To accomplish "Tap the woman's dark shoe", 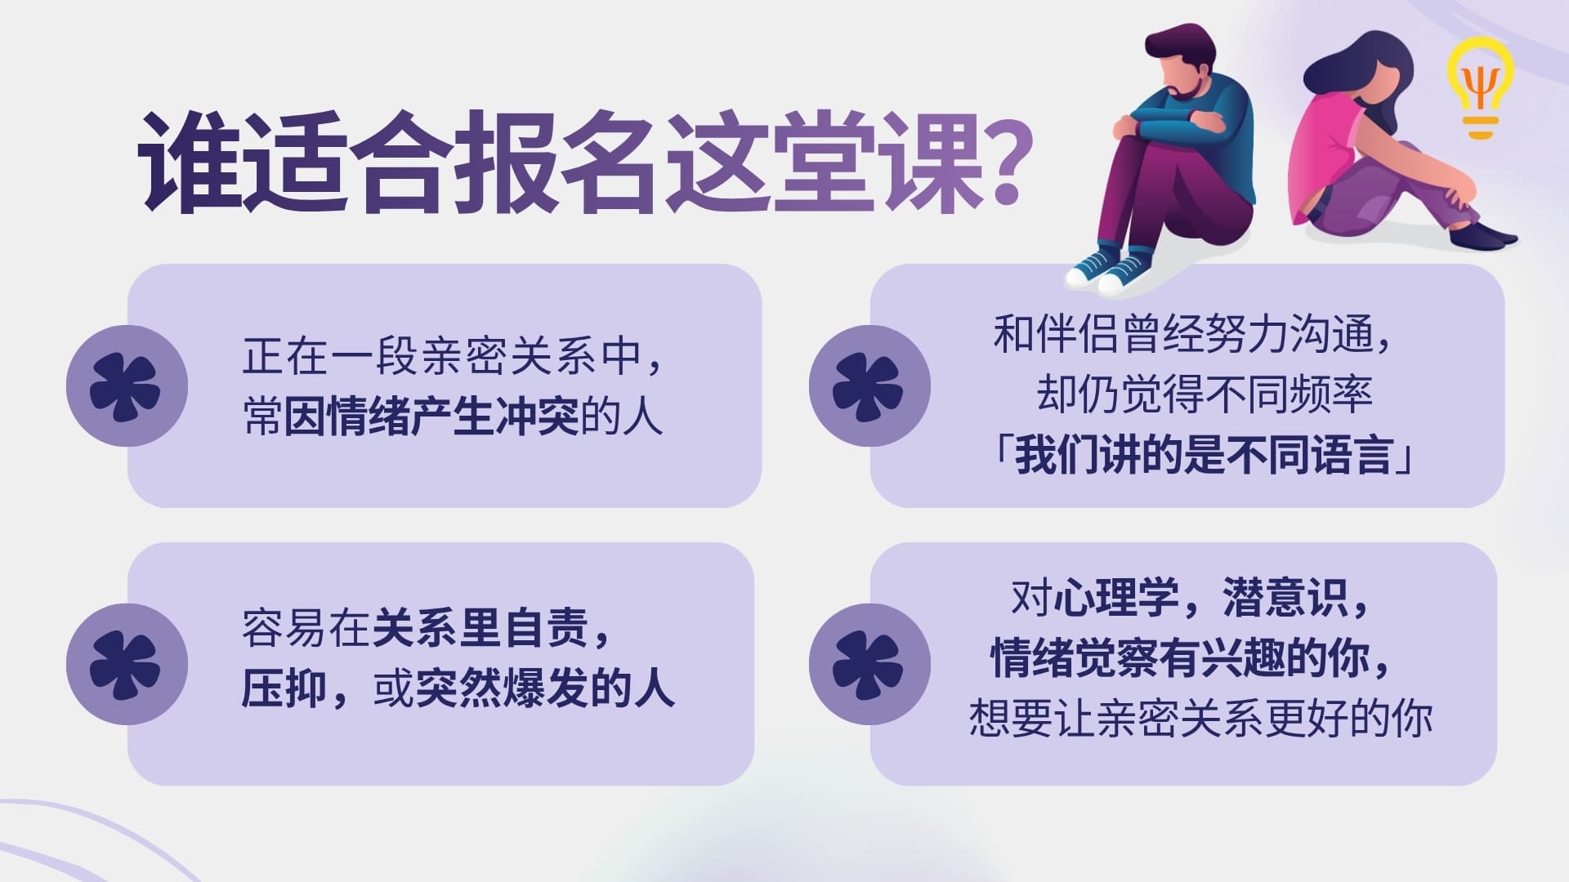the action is [x=1482, y=237].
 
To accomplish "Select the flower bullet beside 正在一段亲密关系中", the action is [x=126, y=386].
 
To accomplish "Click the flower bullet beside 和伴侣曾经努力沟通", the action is [x=869, y=386].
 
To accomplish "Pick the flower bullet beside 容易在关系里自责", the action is [x=126, y=664].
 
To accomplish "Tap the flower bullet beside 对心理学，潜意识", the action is [x=869, y=664].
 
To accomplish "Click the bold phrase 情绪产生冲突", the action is [x=431, y=416].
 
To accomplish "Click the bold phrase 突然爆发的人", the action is [x=545, y=689].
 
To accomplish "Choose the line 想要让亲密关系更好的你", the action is [x=1201, y=719].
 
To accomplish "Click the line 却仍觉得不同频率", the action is [x=1204, y=394].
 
